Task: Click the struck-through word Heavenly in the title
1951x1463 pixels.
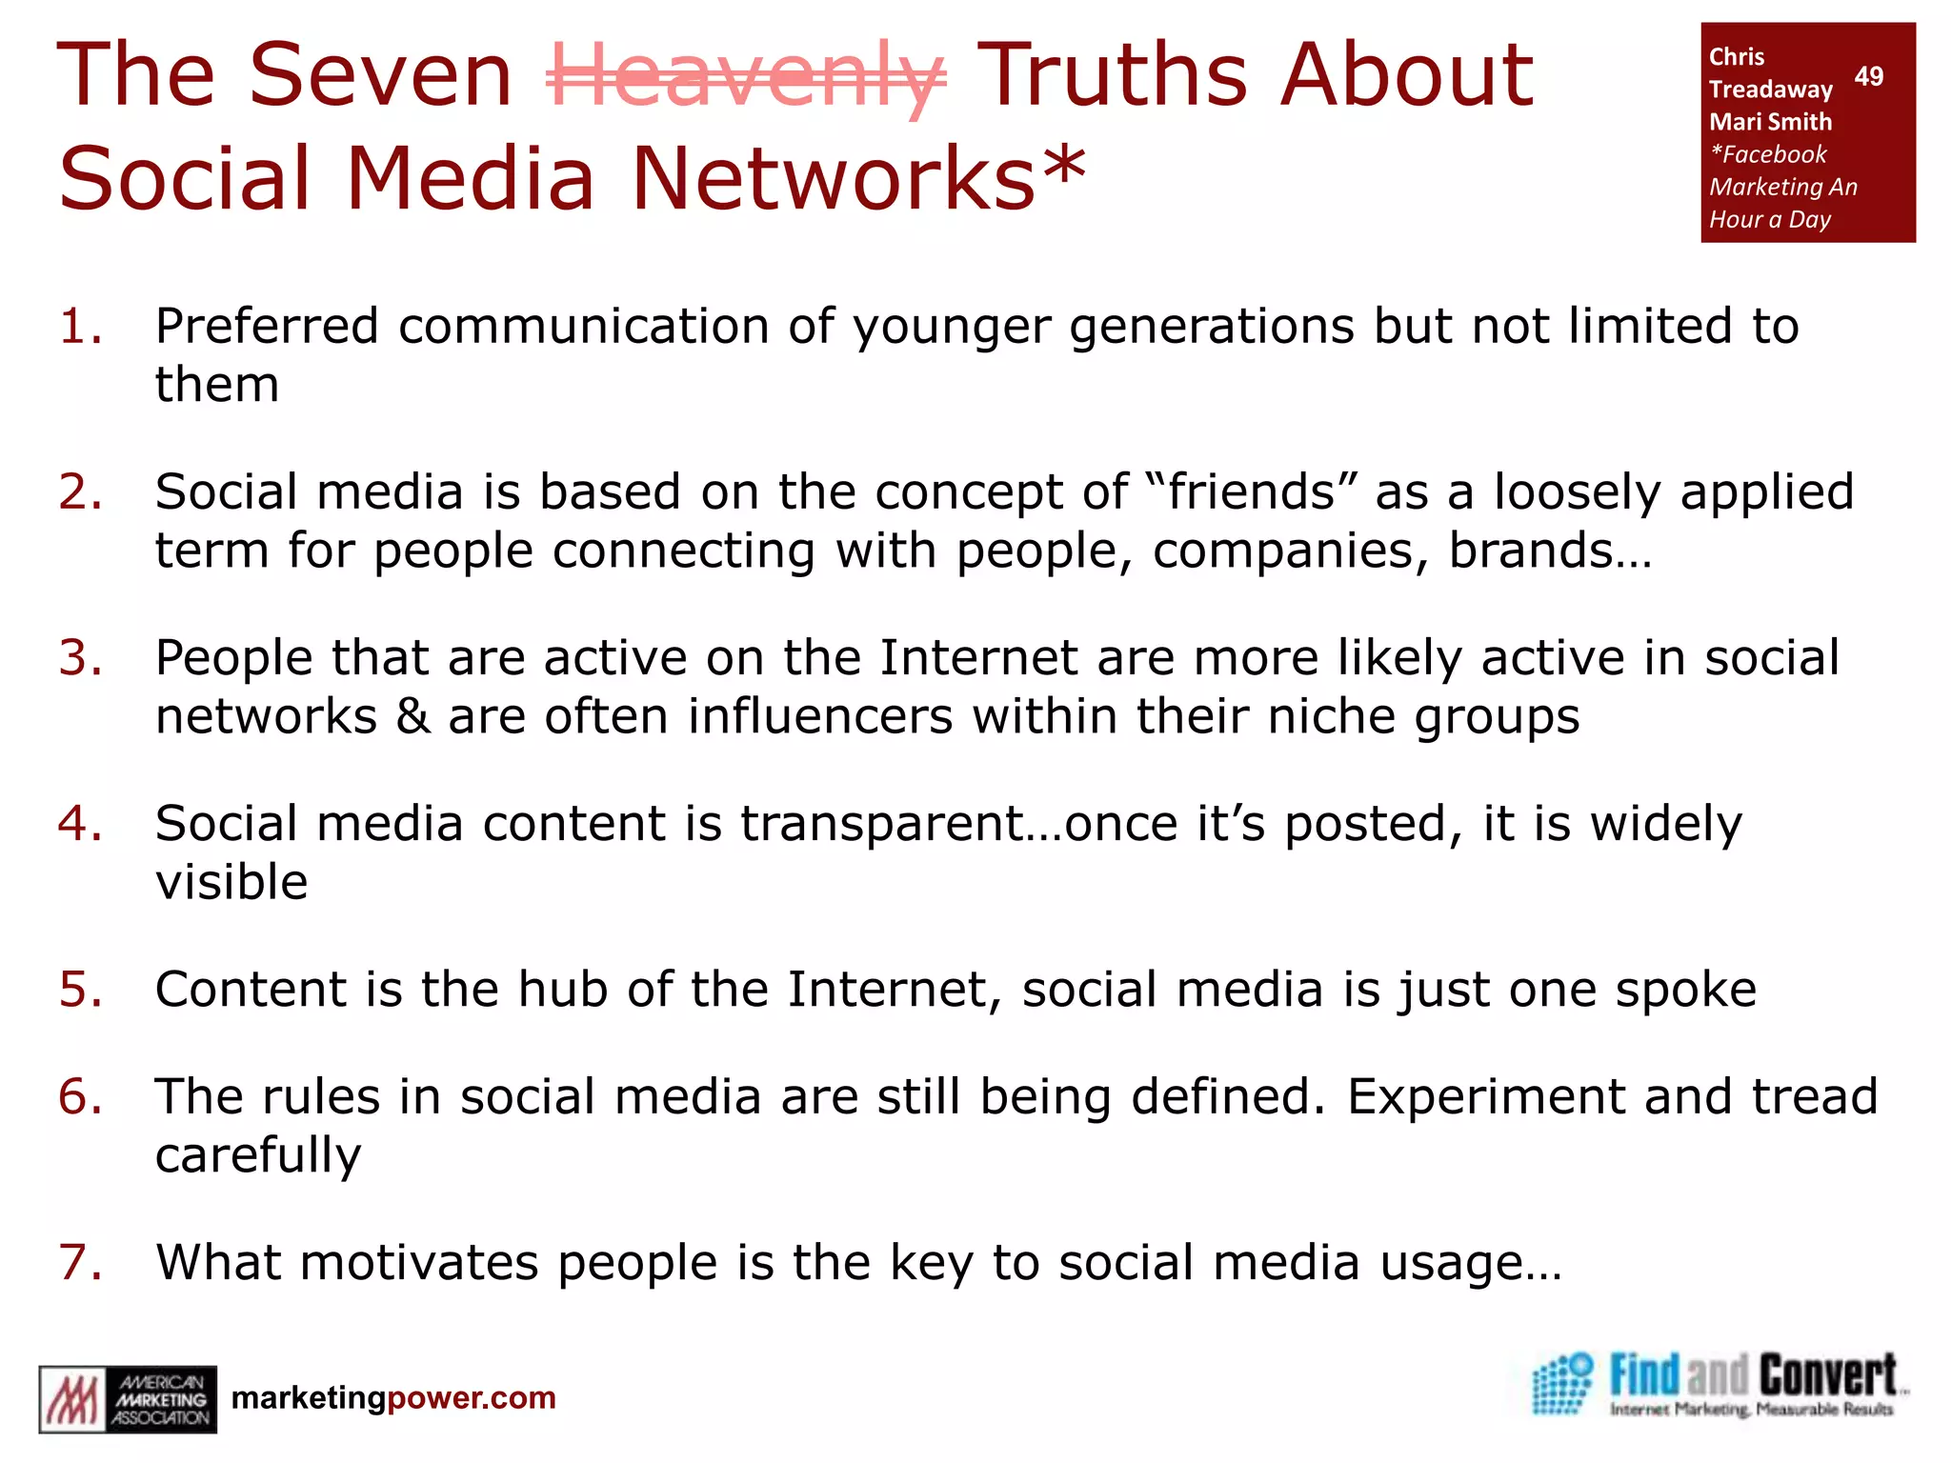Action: pos(746,76)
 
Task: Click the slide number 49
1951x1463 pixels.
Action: pos(1868,76)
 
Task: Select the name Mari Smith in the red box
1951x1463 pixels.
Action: pos(1770,122)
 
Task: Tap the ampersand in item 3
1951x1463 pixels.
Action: pos(412,716)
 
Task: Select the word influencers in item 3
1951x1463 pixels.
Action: pos(819,716)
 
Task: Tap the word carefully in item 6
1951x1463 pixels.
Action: pos(258,1156)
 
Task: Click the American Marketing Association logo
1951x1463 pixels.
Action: pos(128,1399)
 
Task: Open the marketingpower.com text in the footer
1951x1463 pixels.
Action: pos(393,1398)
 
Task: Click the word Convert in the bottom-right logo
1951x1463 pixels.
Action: pos(1827,1377)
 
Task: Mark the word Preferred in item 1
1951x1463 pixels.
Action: pos(267,327)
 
